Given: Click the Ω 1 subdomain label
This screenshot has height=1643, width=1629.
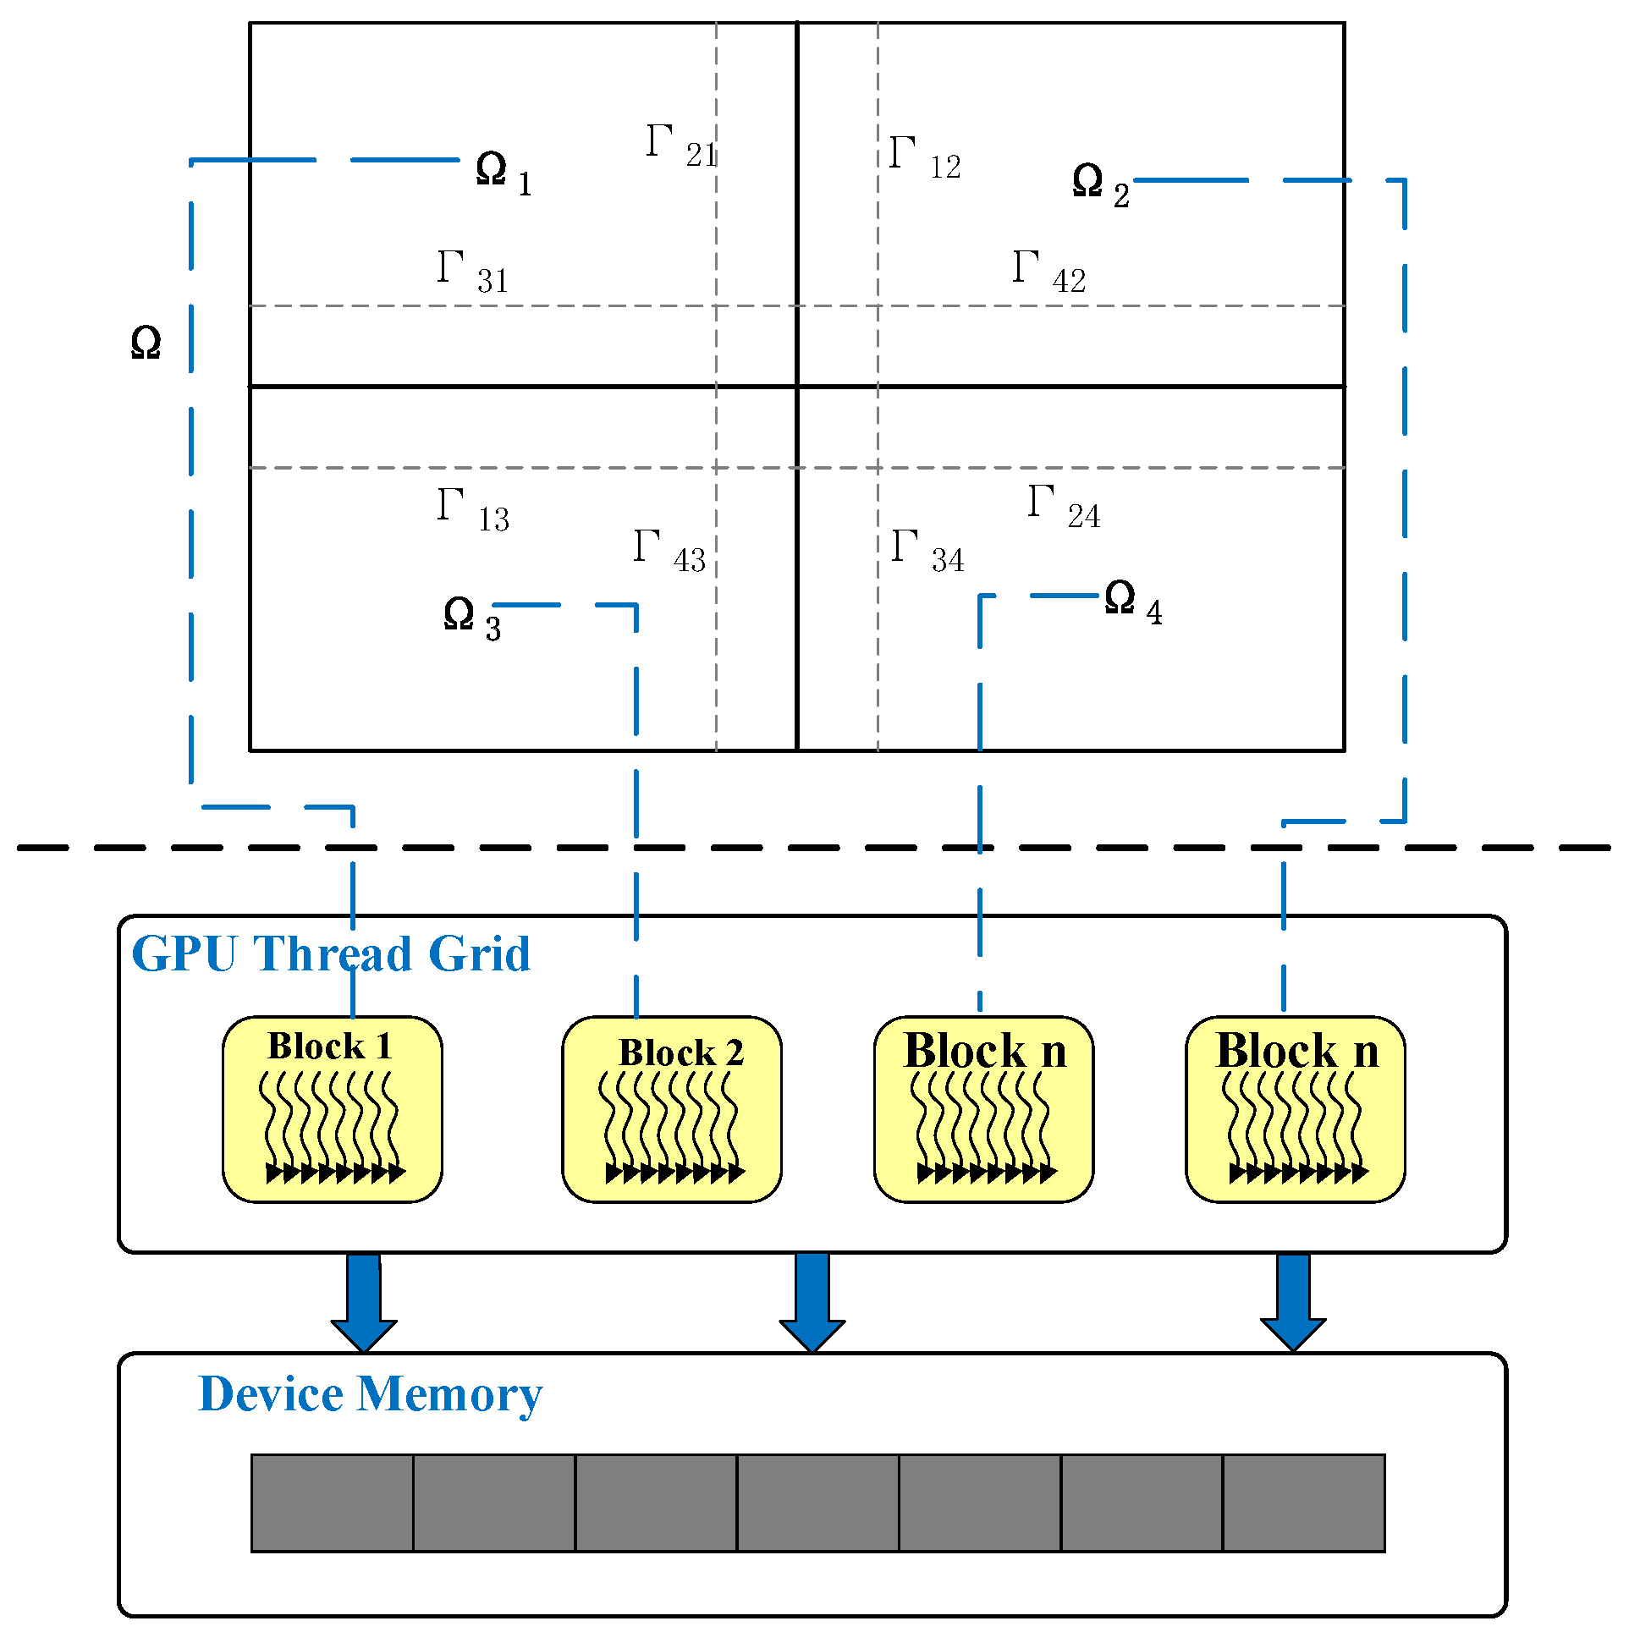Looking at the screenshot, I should pos(503,173).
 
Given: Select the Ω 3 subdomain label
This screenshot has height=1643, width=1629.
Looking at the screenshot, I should pos(471,618).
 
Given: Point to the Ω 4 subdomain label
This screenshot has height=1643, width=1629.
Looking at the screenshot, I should pos(1132,602).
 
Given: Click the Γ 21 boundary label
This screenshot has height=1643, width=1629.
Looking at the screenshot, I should pos(681,146).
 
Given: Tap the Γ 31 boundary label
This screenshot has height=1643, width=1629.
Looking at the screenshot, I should pos(473,272).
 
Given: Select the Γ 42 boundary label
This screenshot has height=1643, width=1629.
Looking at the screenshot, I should pos(1048,272).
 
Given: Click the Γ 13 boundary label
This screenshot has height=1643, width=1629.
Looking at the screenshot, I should pos(473,509).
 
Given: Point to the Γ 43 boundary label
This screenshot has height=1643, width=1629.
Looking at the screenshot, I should pos(669,551).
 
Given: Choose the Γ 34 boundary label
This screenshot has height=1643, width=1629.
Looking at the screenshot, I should pos(927,551).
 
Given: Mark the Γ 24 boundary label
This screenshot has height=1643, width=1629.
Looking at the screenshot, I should pos(1064,507).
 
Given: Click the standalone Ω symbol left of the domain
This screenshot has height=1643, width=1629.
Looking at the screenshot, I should pos(146,343).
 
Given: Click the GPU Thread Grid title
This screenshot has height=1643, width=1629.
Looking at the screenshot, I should pos(331,954).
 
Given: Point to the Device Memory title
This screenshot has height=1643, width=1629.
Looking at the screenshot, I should pos(370,1395).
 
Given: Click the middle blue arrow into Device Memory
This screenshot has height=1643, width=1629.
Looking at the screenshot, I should pos(812,1302).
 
